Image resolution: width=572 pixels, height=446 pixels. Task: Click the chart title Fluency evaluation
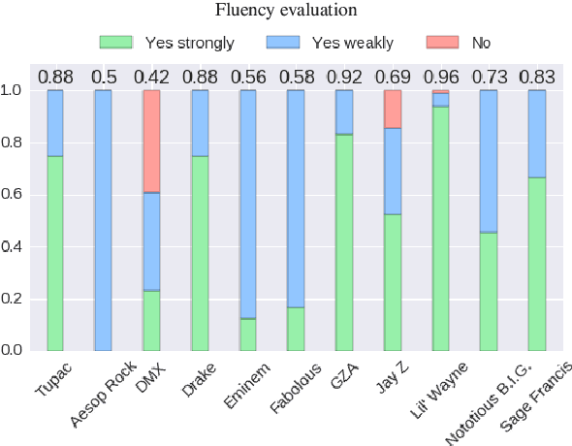(286, 11)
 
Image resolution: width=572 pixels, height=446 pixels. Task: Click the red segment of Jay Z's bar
(393, 109)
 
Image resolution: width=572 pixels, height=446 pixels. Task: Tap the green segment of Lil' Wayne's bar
(441, 228)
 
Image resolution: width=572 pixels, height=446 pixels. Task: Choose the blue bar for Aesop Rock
(103, 220)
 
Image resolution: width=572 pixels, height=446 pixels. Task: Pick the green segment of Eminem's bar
(248, 334)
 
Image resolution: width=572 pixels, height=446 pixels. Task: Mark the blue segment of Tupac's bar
(55, 123)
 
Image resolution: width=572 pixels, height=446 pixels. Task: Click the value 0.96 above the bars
(441, 78)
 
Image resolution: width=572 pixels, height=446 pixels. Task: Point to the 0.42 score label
(151, 78)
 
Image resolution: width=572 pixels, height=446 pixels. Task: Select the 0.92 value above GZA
(344, 78)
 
